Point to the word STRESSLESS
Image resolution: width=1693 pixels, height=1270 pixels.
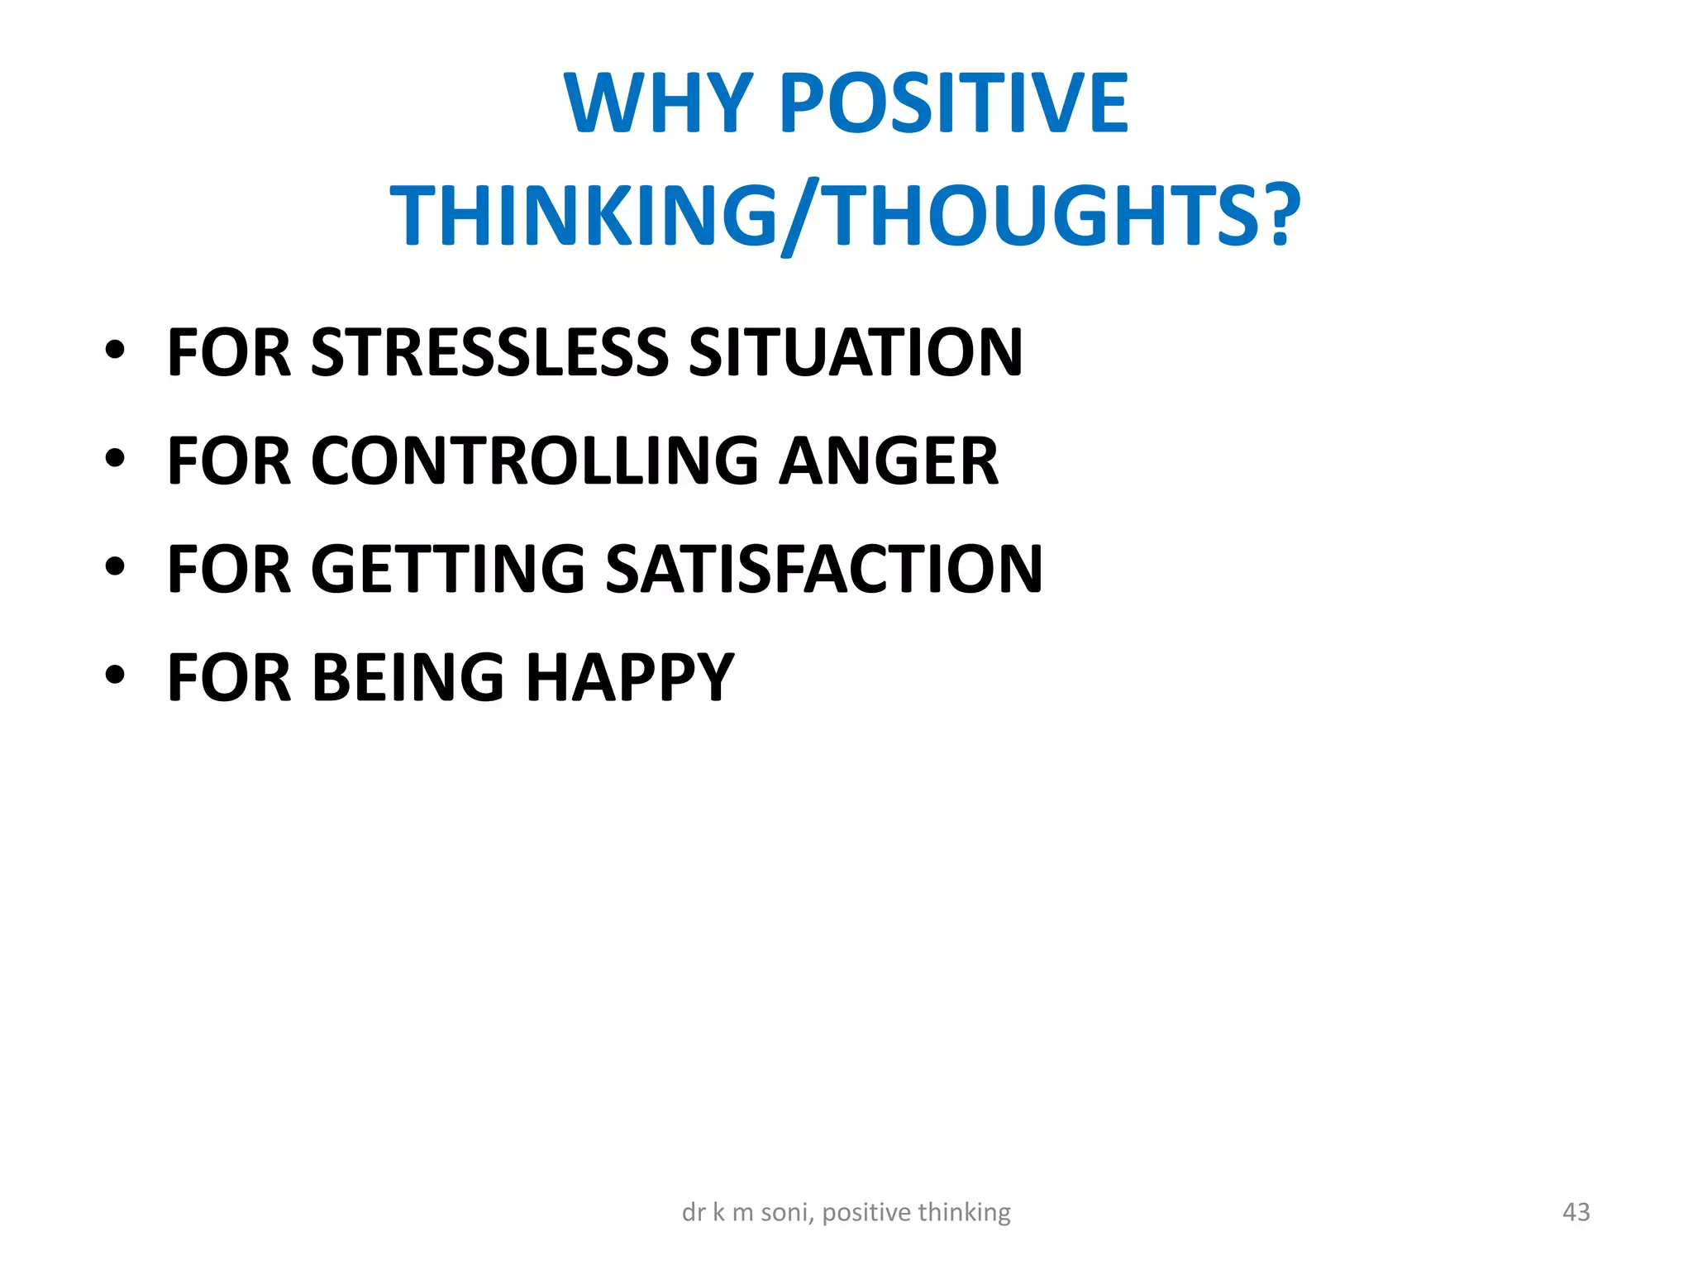(489, 352)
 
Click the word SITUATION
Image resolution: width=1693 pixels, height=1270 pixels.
(856, 352)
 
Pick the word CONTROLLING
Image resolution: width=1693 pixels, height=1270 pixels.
(534, 461)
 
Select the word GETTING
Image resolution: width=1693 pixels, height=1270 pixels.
(447, 569)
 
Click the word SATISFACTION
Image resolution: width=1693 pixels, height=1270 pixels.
(823, 569)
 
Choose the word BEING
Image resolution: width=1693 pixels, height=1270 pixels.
(408, 677)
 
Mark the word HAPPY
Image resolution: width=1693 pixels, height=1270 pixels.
(630, 677)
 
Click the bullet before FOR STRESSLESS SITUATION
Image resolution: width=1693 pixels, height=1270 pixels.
(115, 350)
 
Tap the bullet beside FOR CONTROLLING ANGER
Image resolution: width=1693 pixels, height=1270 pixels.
(115, 458)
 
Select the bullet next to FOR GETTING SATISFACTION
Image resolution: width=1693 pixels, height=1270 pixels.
(115, 566)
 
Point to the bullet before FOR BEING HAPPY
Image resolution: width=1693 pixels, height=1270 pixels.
(115, 675)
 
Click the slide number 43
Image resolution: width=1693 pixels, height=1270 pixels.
(1576, 1212)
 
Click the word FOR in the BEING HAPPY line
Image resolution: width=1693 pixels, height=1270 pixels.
(229, 677)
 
